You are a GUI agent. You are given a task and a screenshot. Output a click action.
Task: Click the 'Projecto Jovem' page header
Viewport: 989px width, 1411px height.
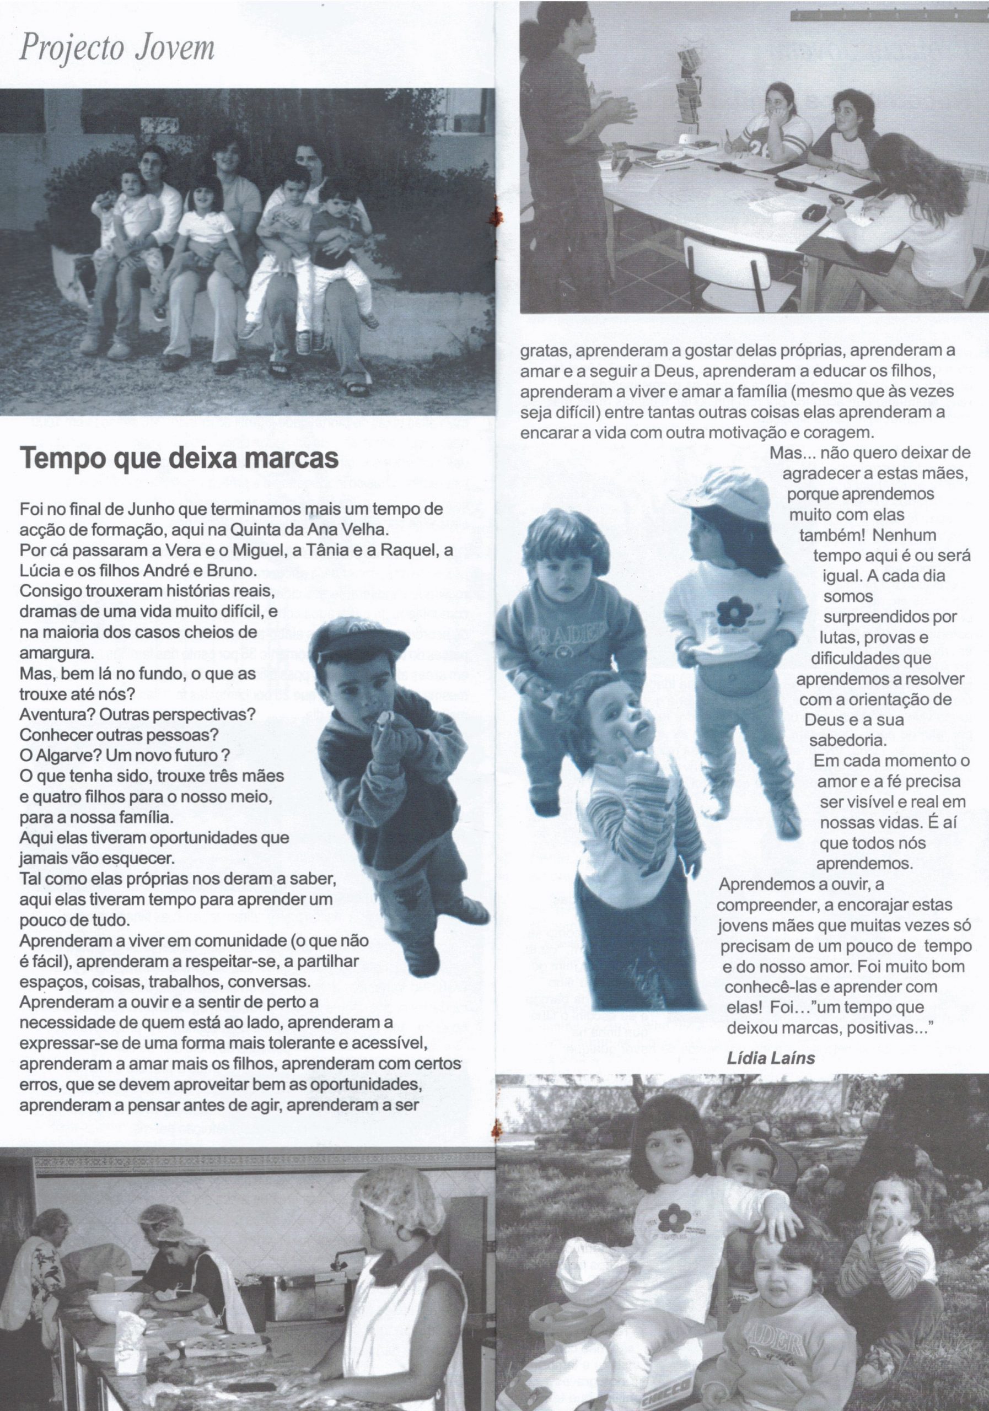pyautogui.click(x=117, y=47)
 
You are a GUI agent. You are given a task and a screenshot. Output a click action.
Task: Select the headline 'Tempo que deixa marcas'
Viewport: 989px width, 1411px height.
pyautogui.click(x=180, y=459)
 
